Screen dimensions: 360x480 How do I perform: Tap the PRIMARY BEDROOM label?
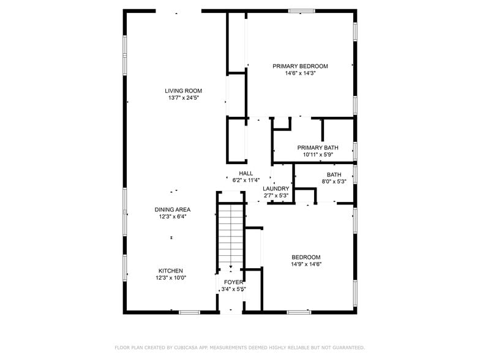[300, 66]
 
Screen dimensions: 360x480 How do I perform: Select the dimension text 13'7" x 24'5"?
[183, 98]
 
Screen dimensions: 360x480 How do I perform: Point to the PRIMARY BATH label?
[318, 148]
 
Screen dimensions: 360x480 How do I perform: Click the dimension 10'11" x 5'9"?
[318, 155]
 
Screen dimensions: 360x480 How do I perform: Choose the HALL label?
[246, 173]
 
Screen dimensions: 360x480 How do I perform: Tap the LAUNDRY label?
[276, 189]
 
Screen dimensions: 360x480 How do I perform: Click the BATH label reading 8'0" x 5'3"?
[334, 174]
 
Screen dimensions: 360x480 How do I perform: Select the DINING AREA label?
[172, 209]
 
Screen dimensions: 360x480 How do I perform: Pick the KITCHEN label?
[171, 271]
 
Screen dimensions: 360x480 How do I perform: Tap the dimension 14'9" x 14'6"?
[306, 264]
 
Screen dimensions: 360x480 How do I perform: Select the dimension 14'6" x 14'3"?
[300, 73]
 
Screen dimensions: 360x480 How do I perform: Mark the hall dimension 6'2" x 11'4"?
[246, 181]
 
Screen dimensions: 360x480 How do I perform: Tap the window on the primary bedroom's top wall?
[302, 10]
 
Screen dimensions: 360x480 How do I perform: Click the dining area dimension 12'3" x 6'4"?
[172, 217]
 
